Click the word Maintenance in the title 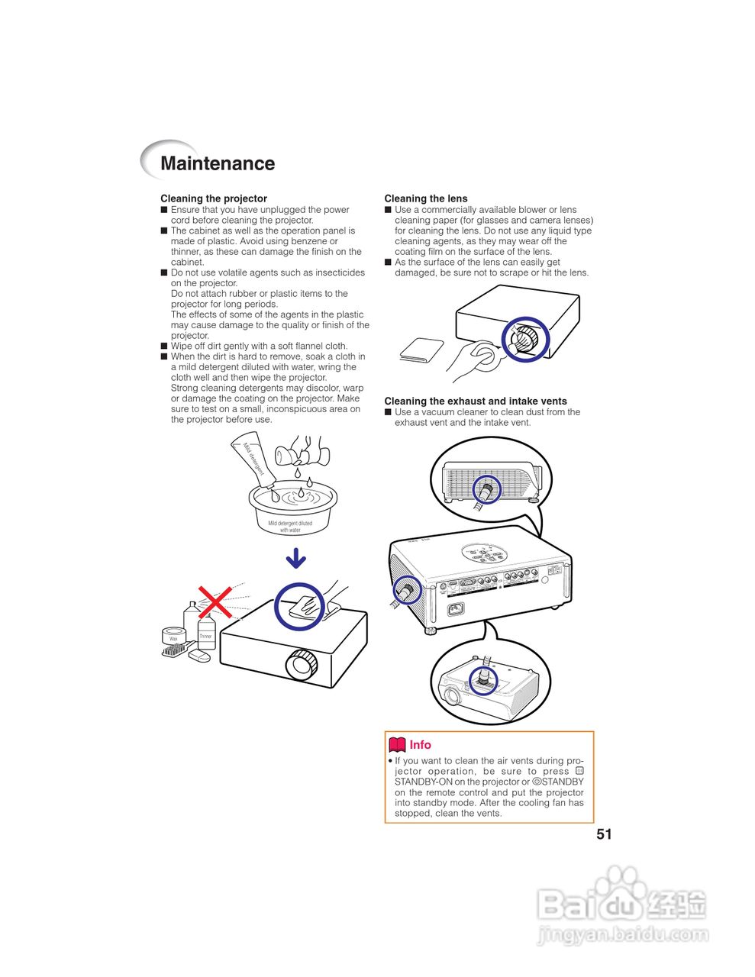(218, 163)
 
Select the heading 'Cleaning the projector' (214, 198)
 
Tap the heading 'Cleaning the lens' (426, 198)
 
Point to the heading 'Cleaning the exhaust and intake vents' (476, 401)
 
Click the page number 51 (604, 834)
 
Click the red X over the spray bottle (215, 601)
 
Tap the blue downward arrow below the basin (296, 559)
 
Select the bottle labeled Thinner (206, 633)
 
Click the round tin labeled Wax (174, 637)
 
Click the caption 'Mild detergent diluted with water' (290, 527)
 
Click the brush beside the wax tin (175, 651)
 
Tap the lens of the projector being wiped (302, 665)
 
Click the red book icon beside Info (397, 745)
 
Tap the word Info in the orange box (421, 745)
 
